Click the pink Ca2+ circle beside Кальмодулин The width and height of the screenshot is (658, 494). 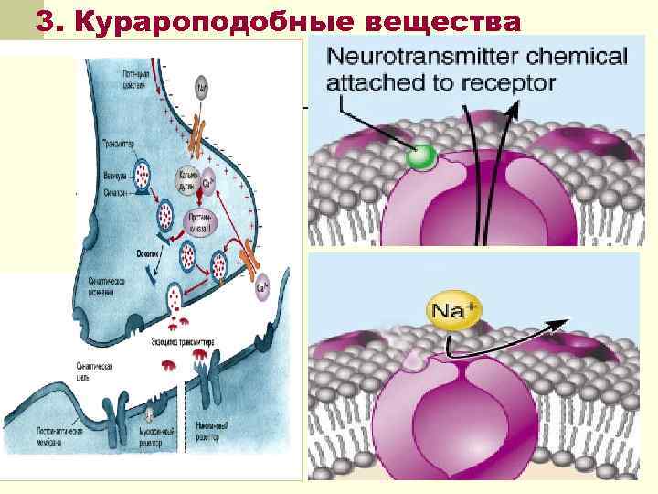pos(208,181)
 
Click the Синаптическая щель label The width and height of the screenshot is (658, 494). pos(94,369)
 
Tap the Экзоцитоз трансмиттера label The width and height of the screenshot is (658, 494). pos(183,340)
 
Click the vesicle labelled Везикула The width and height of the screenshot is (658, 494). pos(144,174)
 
